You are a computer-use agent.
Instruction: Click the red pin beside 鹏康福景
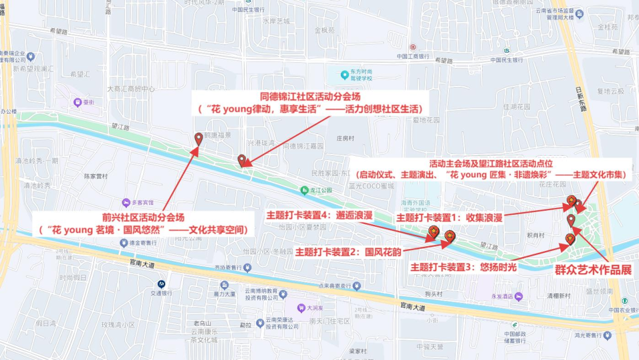[x=199, y=139]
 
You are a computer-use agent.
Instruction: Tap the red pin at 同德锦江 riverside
[x=241, y=160]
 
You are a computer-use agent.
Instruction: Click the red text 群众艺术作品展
[x=593, y=270]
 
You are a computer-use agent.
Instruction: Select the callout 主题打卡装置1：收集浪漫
[x=449, y=218]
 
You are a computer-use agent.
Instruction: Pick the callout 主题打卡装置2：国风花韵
[x=348, y=252]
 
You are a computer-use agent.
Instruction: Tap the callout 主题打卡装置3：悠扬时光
[x=464, y=267]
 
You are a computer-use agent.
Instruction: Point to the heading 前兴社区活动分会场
[x=143, y=217]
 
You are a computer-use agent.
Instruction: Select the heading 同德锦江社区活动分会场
[x=311, y=96]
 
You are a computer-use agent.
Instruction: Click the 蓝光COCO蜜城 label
[x=371, y=186]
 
